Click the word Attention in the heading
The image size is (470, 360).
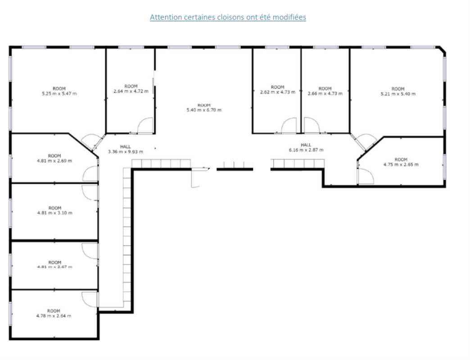(x=166, y=17)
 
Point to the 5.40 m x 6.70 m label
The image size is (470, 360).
(x=204, y=110)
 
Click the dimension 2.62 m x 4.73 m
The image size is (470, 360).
(x=278, y=92)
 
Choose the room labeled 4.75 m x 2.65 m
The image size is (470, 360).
(x=401, y=164)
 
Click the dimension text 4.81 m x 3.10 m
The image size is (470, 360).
(x=54, y=213)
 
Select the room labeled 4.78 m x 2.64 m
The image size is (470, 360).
(x=54, y=315)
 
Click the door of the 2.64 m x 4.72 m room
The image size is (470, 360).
(x=145, y=126)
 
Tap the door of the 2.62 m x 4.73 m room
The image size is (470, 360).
(x=289, y=126)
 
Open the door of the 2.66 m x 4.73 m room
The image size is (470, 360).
(x=312, y=126)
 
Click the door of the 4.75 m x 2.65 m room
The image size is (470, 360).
(x=365, y=177)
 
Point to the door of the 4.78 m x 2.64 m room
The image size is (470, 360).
(x=90, y=299)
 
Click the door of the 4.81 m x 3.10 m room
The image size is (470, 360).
(x=90, y=192)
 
